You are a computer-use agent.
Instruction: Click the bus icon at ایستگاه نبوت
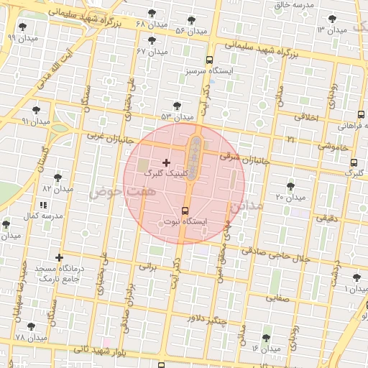point(185,211)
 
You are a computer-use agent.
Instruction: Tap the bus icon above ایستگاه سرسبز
point(208,60)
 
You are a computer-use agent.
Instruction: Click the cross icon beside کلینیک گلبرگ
point(167,163)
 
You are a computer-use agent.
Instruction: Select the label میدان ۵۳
point(177,116)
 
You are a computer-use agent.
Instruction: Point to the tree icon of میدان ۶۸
point(151,14)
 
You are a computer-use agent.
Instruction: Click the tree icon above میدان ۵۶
point(191,20)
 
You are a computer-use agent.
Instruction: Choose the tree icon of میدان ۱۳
point(331,19)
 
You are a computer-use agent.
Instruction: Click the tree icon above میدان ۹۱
point(36,110)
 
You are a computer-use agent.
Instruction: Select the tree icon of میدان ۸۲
point(58,177)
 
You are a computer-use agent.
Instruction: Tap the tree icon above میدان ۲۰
point(290,185)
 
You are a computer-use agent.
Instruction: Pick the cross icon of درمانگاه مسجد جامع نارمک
point(59,257)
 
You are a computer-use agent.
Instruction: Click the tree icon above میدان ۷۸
point(31,326)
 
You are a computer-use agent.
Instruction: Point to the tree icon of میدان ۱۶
point(266,338)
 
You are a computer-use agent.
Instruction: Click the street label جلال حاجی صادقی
point(276,254)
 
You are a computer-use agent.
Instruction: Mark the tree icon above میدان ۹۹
point(22,26)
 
